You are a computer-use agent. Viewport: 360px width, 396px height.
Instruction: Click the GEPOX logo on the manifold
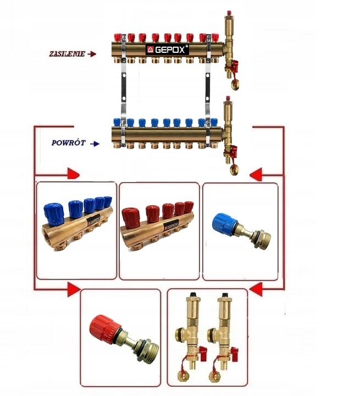click(x=167, y=50)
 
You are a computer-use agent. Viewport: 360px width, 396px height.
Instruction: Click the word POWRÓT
click(x=68, y=143)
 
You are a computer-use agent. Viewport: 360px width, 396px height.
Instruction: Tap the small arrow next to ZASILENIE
click(x=92, y=54)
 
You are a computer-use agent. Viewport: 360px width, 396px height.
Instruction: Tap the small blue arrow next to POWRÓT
click(x=95, y=144)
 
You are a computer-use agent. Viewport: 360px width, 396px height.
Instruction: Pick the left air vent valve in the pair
click(x=185, y=333)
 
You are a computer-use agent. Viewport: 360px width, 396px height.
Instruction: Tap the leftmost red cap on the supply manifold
click(x=117, y=37)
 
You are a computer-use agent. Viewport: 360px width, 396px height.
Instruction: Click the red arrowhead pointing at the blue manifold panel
click(x=74, y=175)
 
